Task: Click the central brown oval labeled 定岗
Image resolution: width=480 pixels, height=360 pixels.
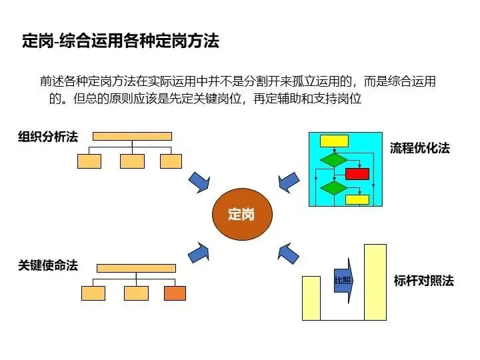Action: click(x=241, y=215)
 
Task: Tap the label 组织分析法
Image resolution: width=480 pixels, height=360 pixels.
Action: click(x=48, y=137)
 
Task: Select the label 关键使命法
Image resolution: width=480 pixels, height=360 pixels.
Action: click(x=48, y=265)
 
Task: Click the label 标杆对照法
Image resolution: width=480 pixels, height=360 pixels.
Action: click(x=423, y=281)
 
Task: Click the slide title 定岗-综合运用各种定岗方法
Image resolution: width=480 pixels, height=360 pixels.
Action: click(x=121, y=41)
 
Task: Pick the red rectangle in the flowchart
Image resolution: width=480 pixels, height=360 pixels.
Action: click(x=357, y=174)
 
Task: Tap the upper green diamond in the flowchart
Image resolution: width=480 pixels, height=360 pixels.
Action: click(x=333, y=160)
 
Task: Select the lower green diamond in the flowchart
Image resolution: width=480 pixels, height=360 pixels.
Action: click(x=333, y=187)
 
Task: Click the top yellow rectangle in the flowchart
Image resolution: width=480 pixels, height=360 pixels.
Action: click(x=334, y=140)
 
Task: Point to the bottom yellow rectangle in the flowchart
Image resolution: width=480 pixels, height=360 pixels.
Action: click(x=357, y=199)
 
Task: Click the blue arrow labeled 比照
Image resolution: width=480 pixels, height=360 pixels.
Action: click(x=343, y=281)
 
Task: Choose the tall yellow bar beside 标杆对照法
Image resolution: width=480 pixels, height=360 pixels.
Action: click(x=375, y=282)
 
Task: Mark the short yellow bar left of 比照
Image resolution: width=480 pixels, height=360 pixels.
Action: click(x=311, y=297)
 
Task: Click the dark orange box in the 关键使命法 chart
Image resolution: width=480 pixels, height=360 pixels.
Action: click(x=175, y=293)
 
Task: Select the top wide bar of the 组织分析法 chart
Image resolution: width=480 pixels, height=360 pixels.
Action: click(x=132, y=136)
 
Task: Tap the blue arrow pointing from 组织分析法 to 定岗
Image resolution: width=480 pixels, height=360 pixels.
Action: click(x=199, y=181)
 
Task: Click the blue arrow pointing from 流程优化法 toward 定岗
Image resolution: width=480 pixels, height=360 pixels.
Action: click(x=287, y=180)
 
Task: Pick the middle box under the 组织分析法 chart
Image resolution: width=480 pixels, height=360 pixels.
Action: click(x=132, y=161)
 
